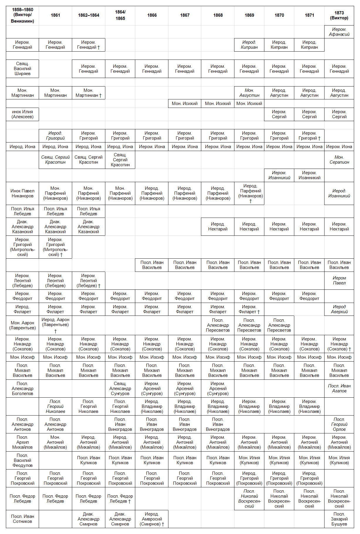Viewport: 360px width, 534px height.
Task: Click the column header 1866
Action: (152, 15)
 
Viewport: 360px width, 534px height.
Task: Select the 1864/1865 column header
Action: (120, 15)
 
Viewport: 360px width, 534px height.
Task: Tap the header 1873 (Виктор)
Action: (339, 15)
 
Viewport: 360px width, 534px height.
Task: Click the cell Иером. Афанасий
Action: (339, 32)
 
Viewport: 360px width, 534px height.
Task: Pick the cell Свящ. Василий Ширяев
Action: (22, 69)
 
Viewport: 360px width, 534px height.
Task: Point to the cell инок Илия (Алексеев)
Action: (22, 114)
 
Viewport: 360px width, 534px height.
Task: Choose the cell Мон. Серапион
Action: (339, 160)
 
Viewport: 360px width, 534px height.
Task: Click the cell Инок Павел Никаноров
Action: (22, 193)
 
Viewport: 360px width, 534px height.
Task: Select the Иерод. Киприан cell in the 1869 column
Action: (249, 45)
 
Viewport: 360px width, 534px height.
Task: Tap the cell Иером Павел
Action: (339, 280)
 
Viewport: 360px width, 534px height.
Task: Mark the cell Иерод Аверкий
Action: (339, 309)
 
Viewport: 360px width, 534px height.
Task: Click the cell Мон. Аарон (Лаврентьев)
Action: (22, 325)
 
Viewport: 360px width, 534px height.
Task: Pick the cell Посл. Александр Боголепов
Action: (22, 388)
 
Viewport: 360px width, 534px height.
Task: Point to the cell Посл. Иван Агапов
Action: (339, 388)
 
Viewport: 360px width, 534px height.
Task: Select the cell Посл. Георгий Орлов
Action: (339, 424)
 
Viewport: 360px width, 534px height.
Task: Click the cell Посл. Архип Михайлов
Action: (22, 442)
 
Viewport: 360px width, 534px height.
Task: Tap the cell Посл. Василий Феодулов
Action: (22, 460)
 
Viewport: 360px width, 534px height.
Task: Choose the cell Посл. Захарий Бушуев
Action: (339, 519)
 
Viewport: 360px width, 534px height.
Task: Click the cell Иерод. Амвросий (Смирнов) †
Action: (152, 519)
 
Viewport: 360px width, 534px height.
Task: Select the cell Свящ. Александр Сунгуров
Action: (120, 388)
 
